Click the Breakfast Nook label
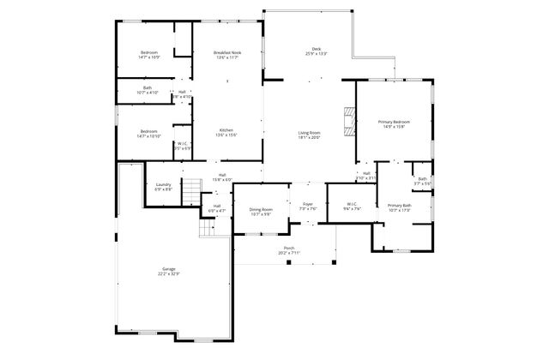[226, 56]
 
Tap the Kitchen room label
[226, 133]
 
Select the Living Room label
[309, 135]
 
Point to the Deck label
[316, 51]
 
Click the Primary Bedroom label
[395, 125]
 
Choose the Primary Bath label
[400, 208]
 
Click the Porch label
[289, 250]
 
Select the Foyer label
[307, 207]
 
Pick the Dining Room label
[261, 211]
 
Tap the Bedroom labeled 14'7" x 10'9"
[149, 56]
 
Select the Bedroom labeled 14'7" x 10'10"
[149, 134]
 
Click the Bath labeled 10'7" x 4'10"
[148, 90]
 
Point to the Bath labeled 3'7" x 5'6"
[422, 181]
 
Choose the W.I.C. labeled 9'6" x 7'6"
[352, 207]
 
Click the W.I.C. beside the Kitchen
[183, 147]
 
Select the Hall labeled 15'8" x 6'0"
[222, 177]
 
